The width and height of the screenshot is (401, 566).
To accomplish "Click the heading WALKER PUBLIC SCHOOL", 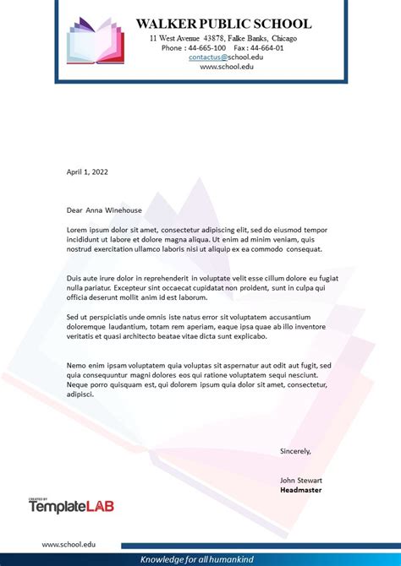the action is point(223,24).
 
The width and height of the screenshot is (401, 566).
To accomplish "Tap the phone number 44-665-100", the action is point(207,47).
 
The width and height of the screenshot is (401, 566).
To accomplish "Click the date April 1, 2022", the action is point(87,171).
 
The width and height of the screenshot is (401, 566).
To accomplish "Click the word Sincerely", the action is point(295,451).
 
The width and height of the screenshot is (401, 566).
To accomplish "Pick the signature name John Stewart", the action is point(300,480).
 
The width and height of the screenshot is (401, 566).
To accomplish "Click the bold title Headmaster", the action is point(300,489).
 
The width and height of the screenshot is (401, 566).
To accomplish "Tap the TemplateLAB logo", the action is point(72,506).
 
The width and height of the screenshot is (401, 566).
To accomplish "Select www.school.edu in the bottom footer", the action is point(69,547).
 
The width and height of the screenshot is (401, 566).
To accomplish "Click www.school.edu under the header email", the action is point(226,67).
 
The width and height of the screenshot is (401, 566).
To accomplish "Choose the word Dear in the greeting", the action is point(74,210).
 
